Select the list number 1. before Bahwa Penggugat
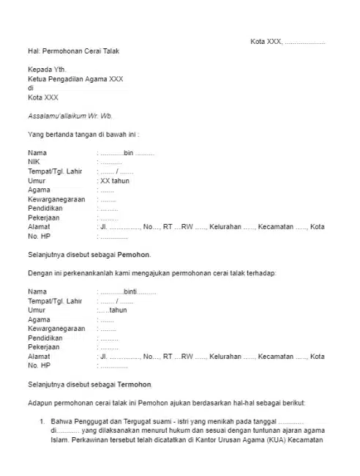[x=42, y=422]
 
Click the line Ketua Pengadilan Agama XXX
[x=76, y=79]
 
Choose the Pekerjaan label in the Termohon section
[x=45, y=347]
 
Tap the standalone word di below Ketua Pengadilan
[x=31, y=88]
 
